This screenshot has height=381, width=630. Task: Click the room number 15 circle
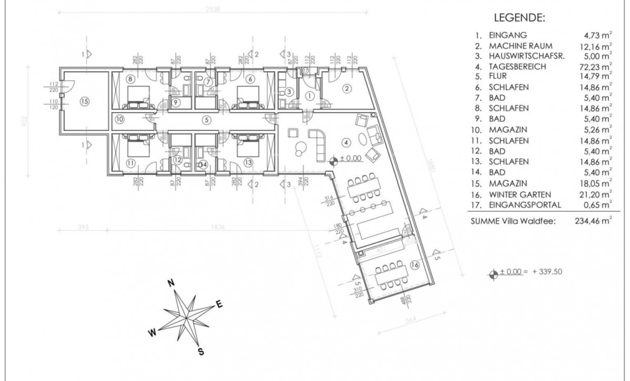(85, 102)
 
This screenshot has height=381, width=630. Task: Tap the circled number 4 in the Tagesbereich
(345, 141)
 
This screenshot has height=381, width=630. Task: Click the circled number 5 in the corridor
(207, 119)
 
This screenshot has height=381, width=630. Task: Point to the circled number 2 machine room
(346, 89)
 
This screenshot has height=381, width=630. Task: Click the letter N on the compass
(171, 283)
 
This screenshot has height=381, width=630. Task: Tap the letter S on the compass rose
(200, 352)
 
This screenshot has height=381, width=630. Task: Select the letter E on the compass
(220, 304)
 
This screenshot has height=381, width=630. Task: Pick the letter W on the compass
(151, 332)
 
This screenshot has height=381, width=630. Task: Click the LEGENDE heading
(520, 18)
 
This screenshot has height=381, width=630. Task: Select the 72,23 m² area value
(597, 67)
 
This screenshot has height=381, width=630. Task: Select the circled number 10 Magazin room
(120, 119)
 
